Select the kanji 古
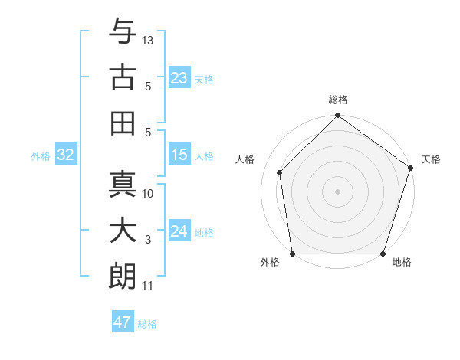tap(123, 77)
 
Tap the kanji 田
tap(123, 121)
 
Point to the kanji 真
tap(123, 185)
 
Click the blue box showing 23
tap(179, 77)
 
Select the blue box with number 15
tap(179, 155)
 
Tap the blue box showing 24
tap(179, 231)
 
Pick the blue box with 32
tap(66, 155)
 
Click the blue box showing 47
tap(123, 322)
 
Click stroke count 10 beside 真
tap(149, 193)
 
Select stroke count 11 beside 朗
tap(148, 286)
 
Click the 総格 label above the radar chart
tap(338, 100)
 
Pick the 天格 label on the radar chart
tap(431, 159)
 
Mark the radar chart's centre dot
tap(337, 191)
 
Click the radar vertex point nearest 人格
tap(280, 172)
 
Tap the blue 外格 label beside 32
tap(41, 156)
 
